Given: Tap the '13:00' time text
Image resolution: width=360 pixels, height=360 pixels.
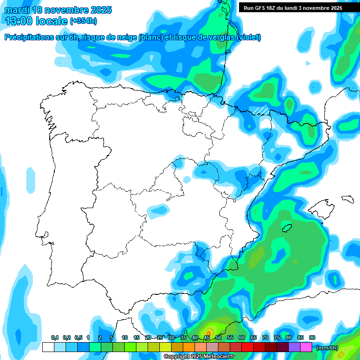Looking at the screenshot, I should [19, 21].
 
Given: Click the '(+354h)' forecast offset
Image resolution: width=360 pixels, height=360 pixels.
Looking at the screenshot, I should [83, 21].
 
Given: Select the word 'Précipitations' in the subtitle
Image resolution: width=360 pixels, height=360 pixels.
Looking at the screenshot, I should [29, 37].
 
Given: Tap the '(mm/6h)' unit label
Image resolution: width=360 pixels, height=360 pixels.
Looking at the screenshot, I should [327, 348].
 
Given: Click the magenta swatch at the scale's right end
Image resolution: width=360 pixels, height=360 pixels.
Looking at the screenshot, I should [306, 347].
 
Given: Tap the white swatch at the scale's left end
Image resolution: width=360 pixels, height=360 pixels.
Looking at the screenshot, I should [48, 347].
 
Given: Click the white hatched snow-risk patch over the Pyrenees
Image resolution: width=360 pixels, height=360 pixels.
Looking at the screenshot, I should [261, 111].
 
